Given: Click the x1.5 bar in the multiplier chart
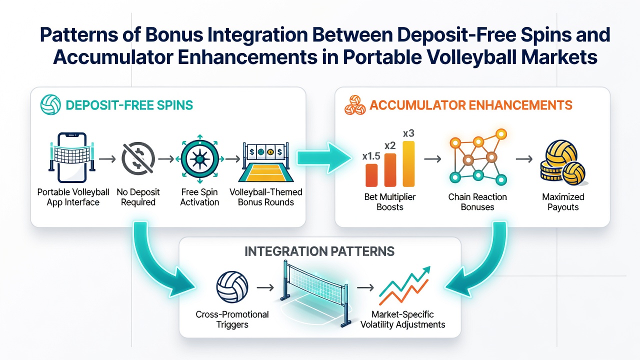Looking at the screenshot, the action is (371, 175).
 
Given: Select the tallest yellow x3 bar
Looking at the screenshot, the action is (408, 163).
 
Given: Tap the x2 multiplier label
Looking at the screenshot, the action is (390, 145).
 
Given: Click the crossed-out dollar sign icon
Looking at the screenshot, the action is (138, 158).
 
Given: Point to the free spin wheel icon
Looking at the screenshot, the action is (199, 158).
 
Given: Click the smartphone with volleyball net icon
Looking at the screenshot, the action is (72, 157).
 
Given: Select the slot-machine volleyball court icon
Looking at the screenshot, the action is (265, 162).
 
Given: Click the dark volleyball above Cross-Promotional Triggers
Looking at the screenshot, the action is (232, 287).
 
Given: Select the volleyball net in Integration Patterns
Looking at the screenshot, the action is (314, 293).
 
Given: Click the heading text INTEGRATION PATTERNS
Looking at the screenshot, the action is (319, 251).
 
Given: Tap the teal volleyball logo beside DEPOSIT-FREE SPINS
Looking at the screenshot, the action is (50, 104).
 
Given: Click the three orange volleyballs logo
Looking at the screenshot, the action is (355, 105).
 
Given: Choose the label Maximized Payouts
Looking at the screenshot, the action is (563, 201).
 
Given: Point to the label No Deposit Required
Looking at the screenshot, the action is (138, 197).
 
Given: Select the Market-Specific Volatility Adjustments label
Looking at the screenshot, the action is (402, 319).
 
